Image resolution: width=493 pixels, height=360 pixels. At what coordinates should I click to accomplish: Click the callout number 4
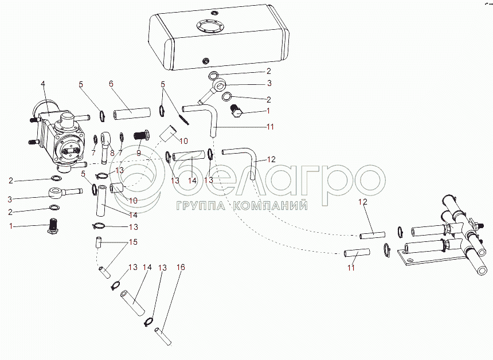click(x=43, y=84)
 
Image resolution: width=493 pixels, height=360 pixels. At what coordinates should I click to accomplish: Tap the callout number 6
click(x=111, y=84)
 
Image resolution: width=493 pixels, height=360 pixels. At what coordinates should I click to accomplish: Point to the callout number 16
click(x=181, y=267)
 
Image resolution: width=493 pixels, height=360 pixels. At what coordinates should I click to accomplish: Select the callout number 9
click(x=139, y=153)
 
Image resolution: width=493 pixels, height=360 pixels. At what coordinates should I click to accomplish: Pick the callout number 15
click(x=134, y=242)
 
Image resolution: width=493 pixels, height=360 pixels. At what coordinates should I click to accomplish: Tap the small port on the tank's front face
click(x=206, y=60)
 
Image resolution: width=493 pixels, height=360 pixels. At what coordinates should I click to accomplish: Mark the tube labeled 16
click(x=163, y=336)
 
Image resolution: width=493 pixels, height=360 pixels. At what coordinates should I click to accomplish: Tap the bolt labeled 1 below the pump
click(x=52, y=225)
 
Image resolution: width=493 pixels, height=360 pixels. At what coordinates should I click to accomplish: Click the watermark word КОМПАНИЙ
click(x=271, y=206)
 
